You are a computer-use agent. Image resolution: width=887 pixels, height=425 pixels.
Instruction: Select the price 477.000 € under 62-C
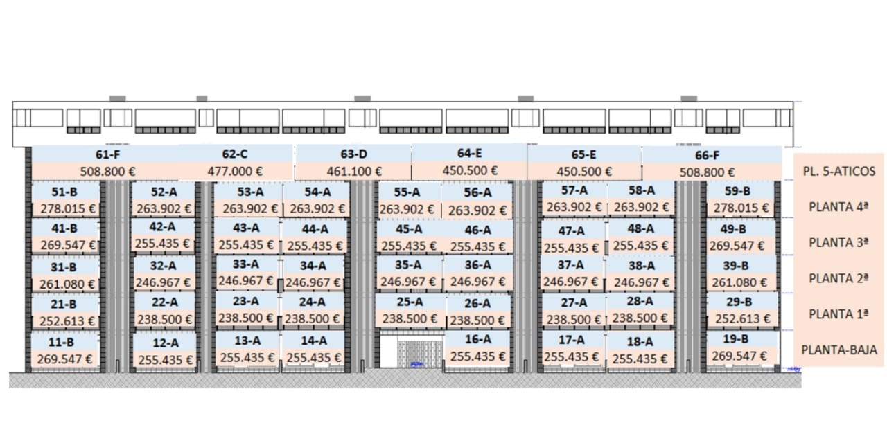pos(236,171)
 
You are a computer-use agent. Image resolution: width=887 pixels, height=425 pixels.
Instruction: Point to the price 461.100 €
pos(354,172)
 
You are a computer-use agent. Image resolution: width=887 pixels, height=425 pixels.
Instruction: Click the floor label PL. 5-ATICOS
pos(839,171)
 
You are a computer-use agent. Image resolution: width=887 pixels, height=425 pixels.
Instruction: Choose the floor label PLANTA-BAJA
pos(839,350)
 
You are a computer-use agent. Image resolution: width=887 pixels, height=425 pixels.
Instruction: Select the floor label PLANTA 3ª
pos(838,243)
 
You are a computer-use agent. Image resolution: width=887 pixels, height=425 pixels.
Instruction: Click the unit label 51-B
pos(64,192)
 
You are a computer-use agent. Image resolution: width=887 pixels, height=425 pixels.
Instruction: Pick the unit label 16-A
pos(477,339)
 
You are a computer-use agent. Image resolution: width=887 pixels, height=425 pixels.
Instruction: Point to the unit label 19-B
pos(735,339)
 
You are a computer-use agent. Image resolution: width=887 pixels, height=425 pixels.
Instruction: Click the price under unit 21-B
pos(64,320)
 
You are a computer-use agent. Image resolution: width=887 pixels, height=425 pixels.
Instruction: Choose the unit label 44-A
pos(315,229)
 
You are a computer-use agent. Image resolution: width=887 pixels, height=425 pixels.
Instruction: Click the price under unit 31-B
pos(64,283)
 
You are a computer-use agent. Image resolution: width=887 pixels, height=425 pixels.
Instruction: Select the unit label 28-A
pos(640,301)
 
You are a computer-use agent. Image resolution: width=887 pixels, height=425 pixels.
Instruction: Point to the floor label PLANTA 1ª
pos(838,314)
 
